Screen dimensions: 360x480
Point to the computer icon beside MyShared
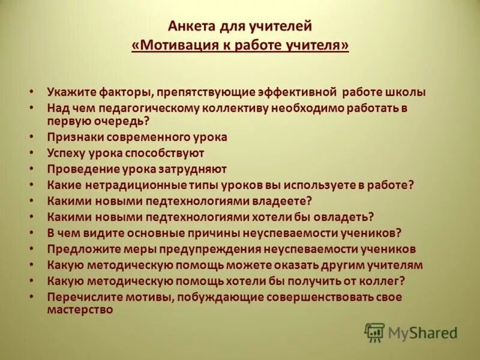[374, 332]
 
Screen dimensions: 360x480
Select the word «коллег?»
[382, 280]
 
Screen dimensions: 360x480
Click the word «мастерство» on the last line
[80, 310]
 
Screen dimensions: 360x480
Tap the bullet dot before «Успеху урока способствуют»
[32, 154]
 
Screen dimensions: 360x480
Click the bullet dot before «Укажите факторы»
[32, 93]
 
